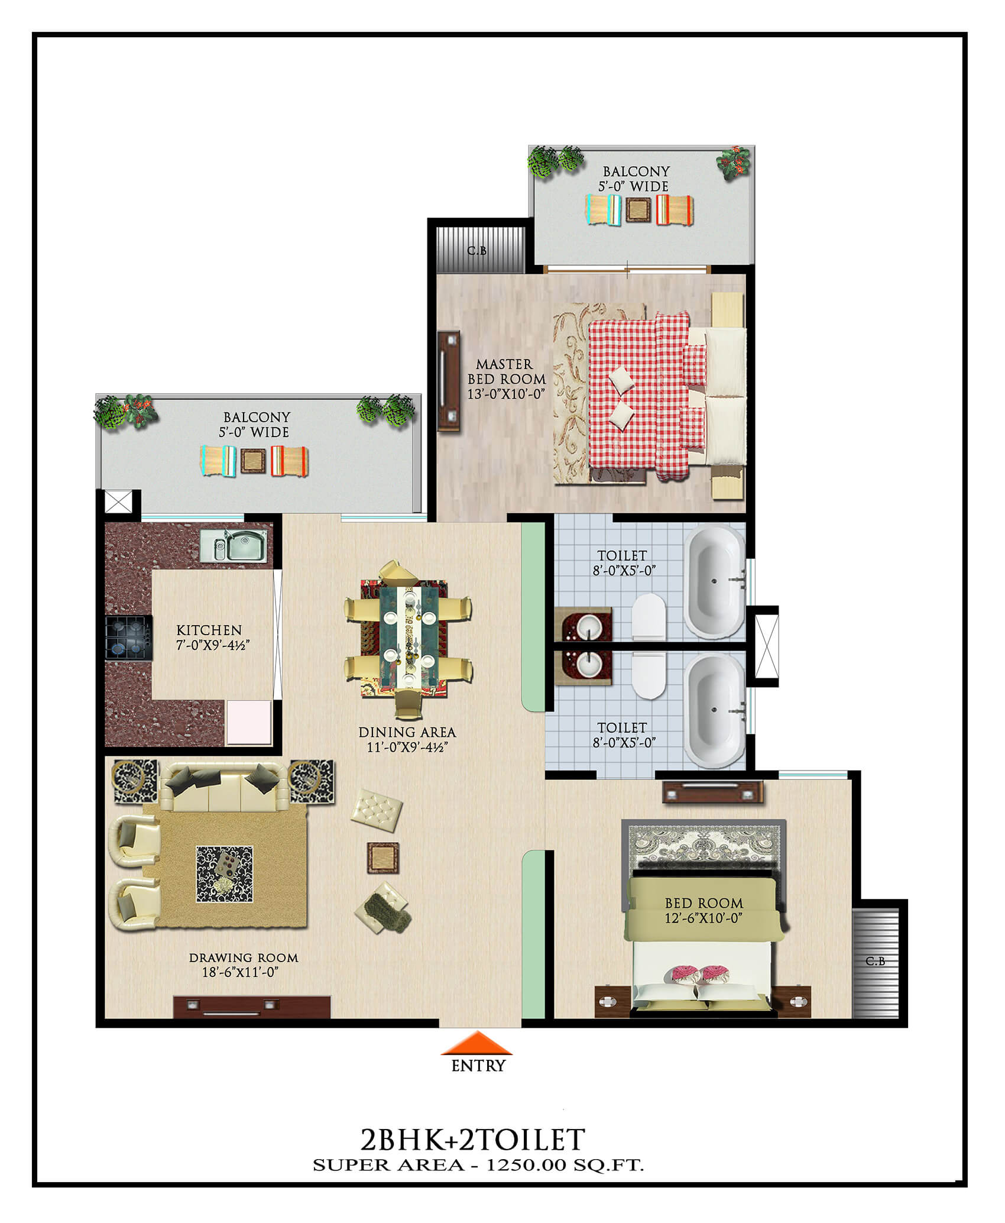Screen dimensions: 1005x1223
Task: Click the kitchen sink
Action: click(234, 545)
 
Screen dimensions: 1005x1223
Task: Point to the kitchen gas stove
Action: click(129, 638)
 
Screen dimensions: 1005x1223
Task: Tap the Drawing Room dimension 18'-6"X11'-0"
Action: click(240, 972)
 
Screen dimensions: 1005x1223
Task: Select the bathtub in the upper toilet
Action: click(714, 582)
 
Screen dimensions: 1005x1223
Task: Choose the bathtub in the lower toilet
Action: click(714, 710)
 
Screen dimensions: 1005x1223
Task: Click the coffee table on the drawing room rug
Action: click(225, 874)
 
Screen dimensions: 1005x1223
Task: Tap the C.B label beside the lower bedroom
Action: click(876, 961)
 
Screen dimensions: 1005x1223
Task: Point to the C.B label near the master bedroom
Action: click(477, 251)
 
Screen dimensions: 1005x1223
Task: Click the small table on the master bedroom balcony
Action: click(638, 209)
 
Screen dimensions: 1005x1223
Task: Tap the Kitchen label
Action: click(209, 630)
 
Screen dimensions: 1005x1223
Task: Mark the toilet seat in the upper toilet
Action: click(649, 617)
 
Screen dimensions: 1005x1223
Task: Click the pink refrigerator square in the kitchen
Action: click(249, 722)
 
